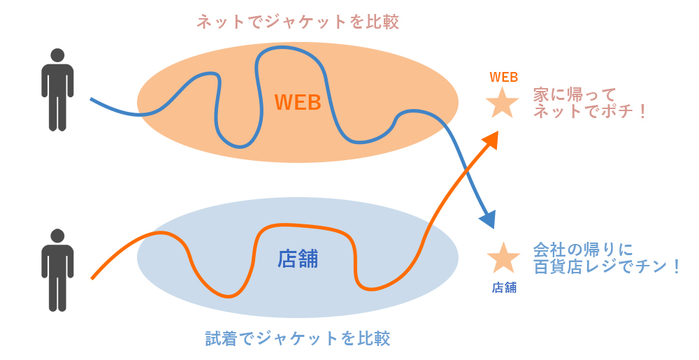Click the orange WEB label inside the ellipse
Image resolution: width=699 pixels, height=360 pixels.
298,102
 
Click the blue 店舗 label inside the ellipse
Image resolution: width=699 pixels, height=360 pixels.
298,259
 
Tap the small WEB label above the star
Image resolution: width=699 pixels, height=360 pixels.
504,77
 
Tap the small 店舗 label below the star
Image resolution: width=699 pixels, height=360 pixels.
504,288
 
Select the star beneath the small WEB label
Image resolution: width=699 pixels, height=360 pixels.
502,103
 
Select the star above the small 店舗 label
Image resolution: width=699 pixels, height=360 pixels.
504,257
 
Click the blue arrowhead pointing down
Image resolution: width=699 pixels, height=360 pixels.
489,219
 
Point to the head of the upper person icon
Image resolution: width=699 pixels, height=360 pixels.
57,55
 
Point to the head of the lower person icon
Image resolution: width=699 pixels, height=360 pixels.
57,236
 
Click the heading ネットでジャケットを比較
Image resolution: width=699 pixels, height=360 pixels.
298,22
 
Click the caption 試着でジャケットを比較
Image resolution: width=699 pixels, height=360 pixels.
298,338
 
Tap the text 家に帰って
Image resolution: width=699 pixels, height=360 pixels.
575,95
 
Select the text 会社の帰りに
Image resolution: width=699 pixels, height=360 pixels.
583,250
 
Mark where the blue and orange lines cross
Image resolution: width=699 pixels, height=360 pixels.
467,169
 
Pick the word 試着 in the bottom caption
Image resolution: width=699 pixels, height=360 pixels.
222,338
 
